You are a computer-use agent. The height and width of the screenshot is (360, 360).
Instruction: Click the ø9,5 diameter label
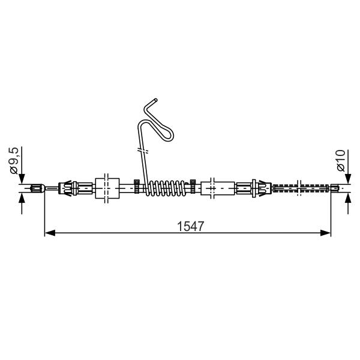[14, 160]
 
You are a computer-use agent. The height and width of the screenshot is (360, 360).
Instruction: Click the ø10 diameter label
[341, 160]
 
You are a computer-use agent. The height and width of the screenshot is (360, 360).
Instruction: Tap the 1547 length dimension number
[190, 226]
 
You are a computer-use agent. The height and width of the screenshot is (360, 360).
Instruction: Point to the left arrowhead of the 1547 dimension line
[50, 233]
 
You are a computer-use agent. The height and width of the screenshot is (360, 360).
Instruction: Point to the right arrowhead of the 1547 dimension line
[325, 233]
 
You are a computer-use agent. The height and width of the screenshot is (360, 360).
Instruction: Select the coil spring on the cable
[166, 188]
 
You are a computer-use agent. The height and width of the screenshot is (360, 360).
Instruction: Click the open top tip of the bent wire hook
[156, 100]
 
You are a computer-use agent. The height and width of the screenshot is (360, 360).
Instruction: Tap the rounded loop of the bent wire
[169, 136]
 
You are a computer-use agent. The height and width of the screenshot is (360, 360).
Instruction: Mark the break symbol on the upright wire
[143, 151]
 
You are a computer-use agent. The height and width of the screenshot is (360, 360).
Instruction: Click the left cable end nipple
[37, 188]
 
